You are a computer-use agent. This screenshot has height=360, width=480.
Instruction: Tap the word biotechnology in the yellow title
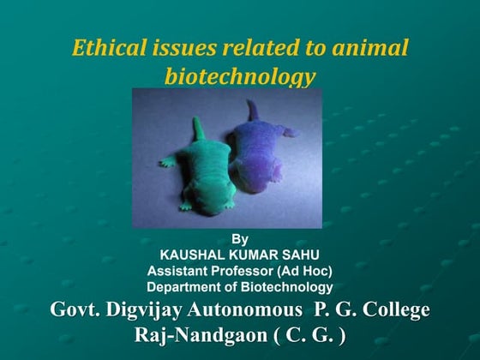pyautogui.click(x=240, y=76)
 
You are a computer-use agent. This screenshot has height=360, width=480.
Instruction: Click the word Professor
pyautogui.click(x=242, y=272)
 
